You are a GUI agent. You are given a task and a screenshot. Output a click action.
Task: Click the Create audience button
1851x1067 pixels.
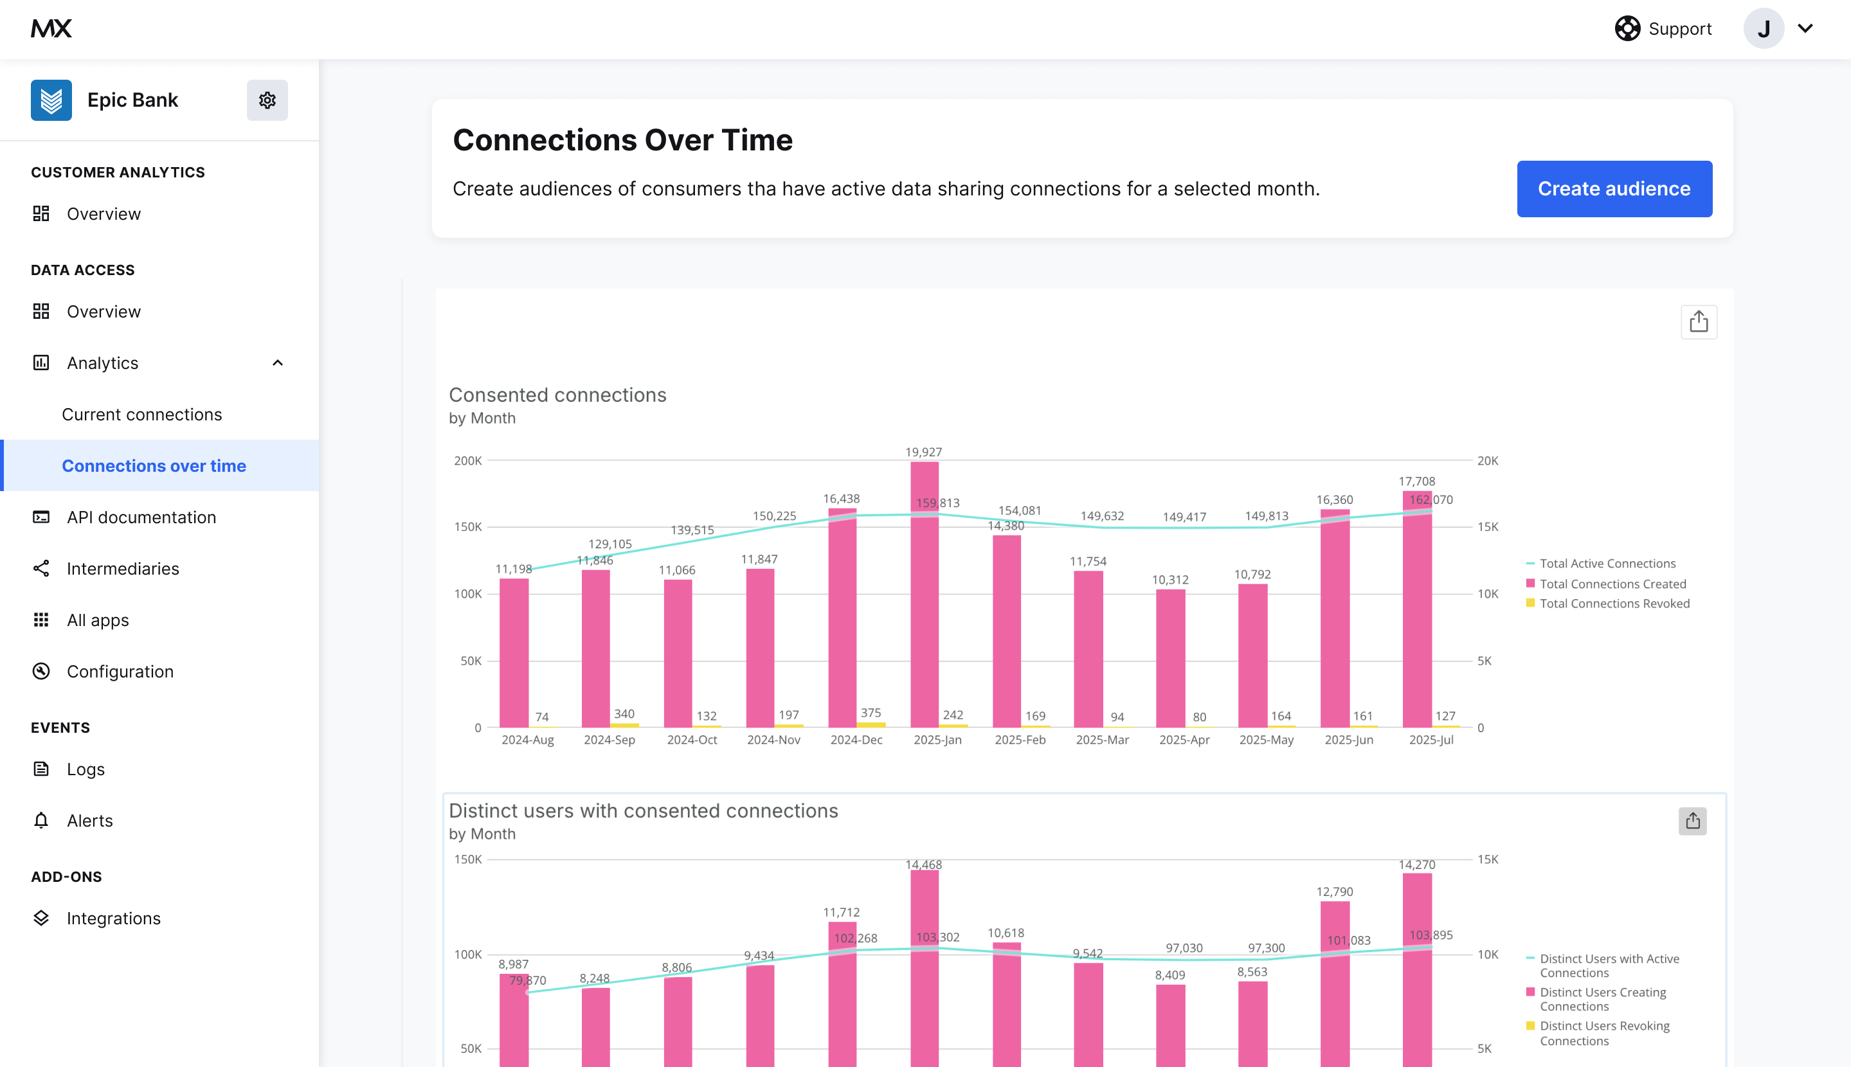(1614, 189)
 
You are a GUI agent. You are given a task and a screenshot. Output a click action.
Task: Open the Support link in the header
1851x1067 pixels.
(1663, 28)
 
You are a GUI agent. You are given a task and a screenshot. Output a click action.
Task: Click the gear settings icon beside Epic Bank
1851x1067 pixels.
(267, 100)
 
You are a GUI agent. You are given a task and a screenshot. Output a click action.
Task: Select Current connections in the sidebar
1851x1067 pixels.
(141, 415)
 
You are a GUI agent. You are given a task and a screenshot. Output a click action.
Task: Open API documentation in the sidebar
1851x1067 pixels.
(141, 517)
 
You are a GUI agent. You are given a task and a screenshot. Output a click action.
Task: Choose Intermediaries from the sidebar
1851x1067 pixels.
(122, 569)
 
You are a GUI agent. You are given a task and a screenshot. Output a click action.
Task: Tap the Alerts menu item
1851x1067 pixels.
(89, 821)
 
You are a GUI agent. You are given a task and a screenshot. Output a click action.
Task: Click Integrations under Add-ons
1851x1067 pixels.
(113, 919)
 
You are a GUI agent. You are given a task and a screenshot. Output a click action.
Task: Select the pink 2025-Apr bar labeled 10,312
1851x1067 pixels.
(1170, 659)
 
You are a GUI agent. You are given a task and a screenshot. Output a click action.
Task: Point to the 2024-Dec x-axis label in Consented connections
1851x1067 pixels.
(856, 740)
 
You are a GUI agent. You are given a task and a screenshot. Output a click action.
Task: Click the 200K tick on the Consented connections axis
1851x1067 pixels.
(467, 461)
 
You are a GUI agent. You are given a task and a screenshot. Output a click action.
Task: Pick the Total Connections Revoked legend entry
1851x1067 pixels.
(1614, 604)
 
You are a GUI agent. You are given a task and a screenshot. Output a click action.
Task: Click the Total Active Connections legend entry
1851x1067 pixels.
(1607, 564)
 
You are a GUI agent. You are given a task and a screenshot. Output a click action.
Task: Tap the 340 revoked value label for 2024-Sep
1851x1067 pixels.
(624, 713)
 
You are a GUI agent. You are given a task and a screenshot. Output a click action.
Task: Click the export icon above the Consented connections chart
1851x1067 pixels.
(1698, 322)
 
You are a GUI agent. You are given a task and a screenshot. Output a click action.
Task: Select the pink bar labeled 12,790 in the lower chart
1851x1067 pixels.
(1334, 982)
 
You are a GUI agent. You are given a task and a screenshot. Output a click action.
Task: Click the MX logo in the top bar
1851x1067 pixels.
(51, 28)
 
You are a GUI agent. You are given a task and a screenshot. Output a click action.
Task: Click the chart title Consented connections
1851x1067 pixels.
(557, 395)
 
